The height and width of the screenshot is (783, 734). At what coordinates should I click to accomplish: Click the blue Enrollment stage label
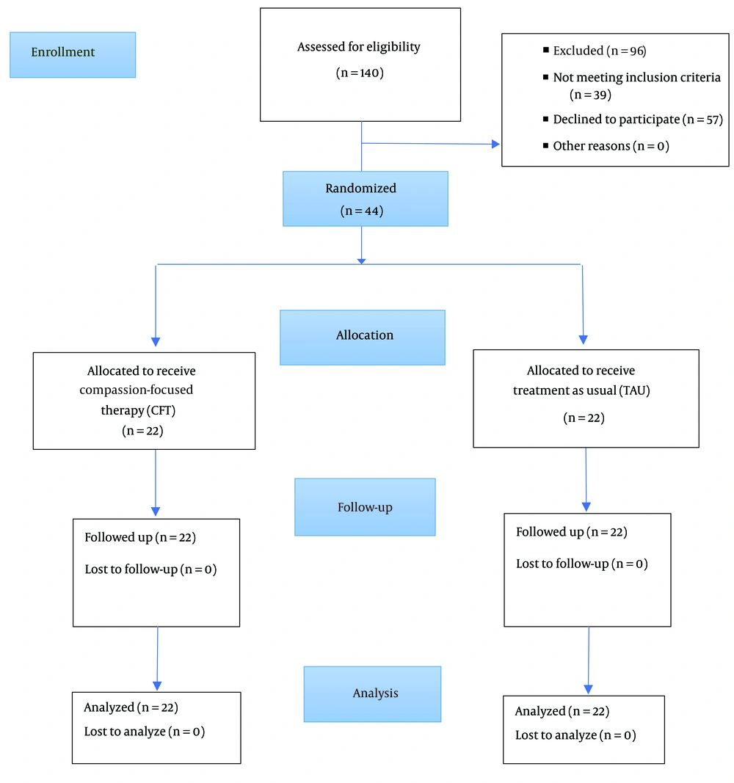73,55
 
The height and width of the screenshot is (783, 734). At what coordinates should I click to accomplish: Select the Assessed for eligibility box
360,65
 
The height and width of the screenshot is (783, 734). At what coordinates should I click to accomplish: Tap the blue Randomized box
366,199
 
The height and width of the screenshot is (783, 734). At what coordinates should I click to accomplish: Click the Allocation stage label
363,338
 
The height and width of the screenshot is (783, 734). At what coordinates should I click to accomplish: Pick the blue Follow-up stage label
365,507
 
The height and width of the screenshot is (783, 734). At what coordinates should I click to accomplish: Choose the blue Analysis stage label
372,694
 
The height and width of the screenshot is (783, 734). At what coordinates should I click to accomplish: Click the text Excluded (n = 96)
599,51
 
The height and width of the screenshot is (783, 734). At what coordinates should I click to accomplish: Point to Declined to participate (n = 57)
638,120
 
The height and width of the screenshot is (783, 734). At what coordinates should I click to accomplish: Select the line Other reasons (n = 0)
611,146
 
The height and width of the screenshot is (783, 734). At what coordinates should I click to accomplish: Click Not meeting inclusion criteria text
636,77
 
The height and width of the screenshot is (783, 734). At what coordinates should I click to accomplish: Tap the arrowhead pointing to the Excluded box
496,145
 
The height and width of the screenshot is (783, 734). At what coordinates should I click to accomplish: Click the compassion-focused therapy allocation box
144,401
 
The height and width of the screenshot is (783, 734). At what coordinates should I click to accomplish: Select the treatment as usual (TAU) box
586,398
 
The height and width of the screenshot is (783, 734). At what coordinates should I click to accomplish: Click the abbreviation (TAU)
634,390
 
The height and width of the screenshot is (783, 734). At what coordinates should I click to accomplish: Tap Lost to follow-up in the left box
131,569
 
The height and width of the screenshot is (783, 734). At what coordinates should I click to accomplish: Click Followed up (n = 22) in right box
572,532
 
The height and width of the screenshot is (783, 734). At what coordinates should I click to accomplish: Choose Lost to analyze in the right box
556,735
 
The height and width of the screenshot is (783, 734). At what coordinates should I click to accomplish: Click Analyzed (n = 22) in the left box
131,707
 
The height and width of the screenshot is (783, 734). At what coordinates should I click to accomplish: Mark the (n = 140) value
360,73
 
